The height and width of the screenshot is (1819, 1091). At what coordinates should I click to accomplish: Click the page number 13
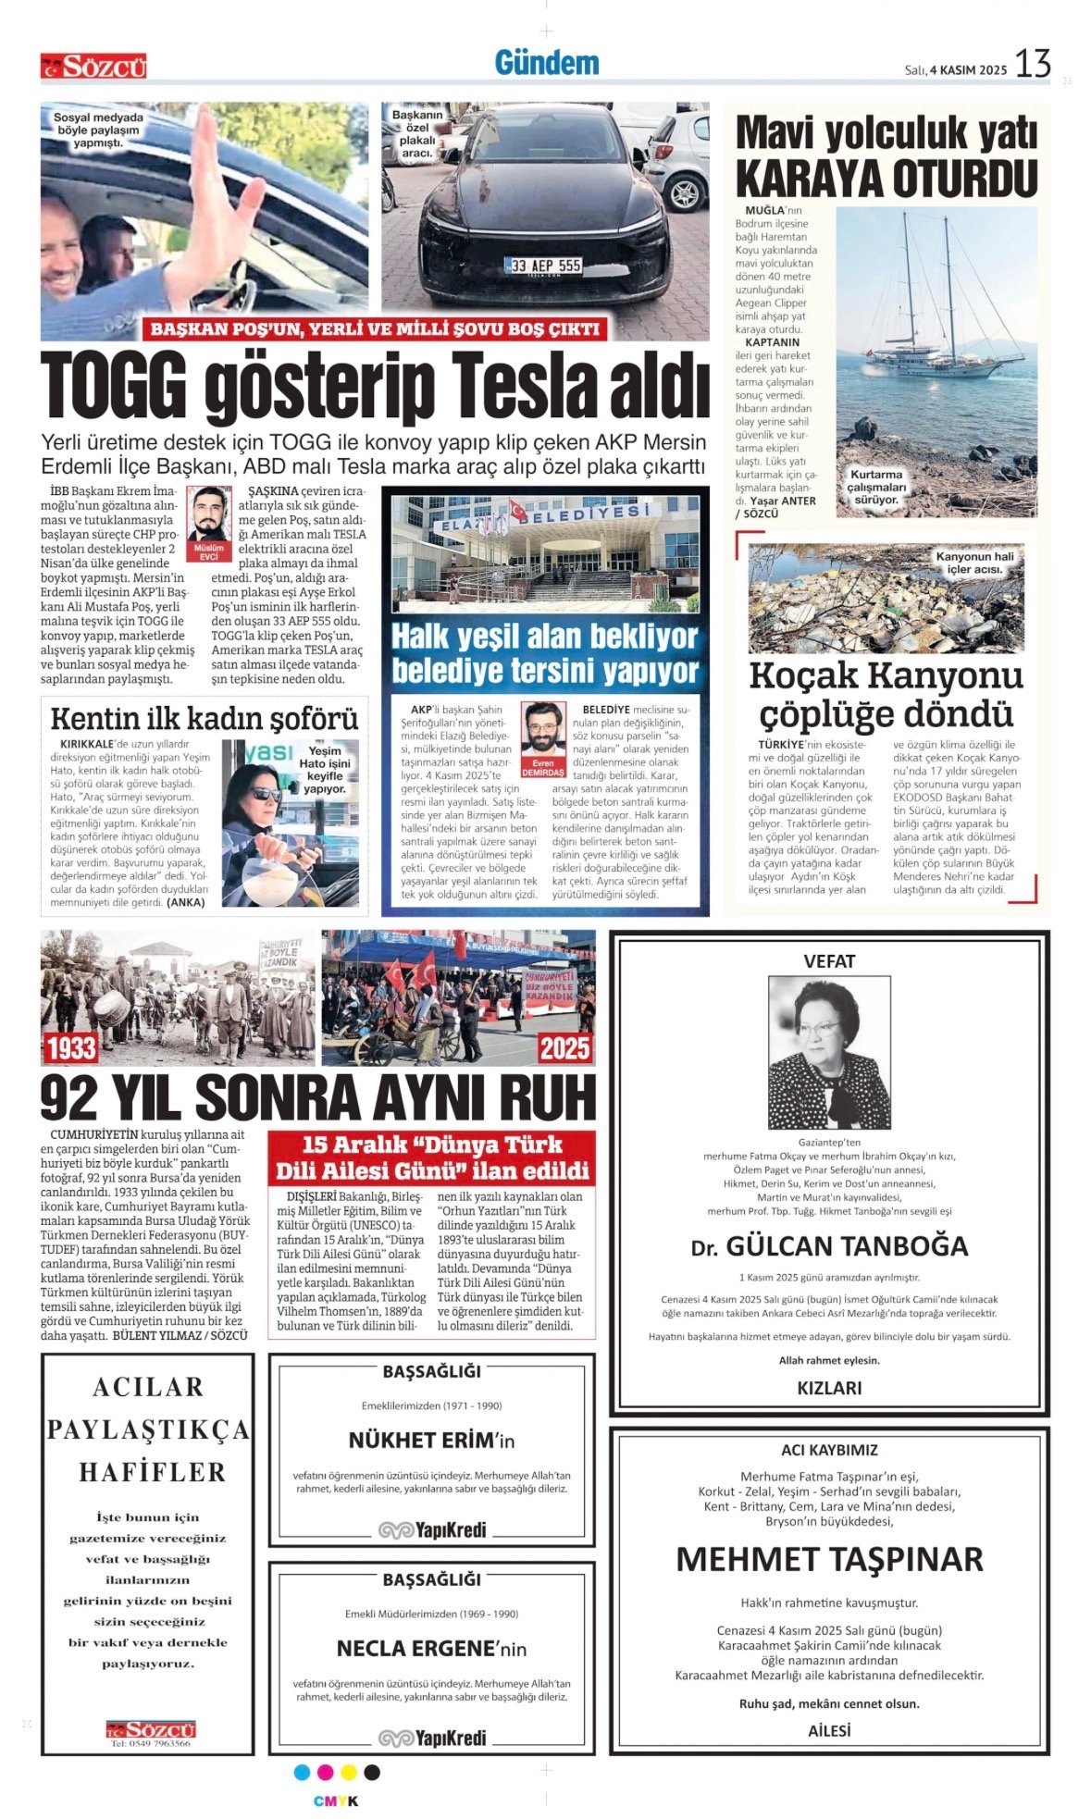(x=1032, y=64)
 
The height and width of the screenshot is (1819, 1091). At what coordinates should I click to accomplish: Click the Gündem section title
(x=546, y=63)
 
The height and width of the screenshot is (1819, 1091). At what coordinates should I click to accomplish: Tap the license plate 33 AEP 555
(x=543, y=266)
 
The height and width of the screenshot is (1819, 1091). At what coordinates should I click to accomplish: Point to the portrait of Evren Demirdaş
(x=543, y=728)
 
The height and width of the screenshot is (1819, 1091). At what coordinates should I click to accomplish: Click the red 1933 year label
(x=71, y=1048)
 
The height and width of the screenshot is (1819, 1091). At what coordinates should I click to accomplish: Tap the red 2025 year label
(x=564, y=1048)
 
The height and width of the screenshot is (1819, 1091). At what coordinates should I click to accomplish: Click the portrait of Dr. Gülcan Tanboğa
(x=829, y=1052)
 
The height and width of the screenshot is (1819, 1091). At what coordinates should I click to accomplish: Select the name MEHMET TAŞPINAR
(x=829, y=1559)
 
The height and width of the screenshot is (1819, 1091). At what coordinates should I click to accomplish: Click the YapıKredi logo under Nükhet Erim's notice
(x=432, y=1529)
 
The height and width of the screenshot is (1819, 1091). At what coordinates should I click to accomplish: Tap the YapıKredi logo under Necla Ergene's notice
(x=432, y=1738)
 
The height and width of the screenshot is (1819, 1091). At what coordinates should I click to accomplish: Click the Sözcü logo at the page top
(x=93, y=67)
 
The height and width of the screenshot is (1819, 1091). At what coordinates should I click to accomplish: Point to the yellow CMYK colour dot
(x=349, y=1772)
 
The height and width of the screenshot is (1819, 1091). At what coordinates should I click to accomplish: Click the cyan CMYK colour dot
(x=302, y=1772)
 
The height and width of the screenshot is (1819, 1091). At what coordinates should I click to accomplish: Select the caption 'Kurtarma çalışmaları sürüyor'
(x=876, y=487)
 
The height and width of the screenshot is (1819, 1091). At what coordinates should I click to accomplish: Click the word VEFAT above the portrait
(x=829, y=961)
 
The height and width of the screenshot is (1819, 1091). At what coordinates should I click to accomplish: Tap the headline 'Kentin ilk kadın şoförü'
(x=204, y=719)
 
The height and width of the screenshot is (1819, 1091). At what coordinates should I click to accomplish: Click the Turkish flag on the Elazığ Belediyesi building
(x=515, y=511)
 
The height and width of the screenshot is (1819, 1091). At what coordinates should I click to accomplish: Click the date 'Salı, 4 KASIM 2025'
(x=955, y=70)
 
